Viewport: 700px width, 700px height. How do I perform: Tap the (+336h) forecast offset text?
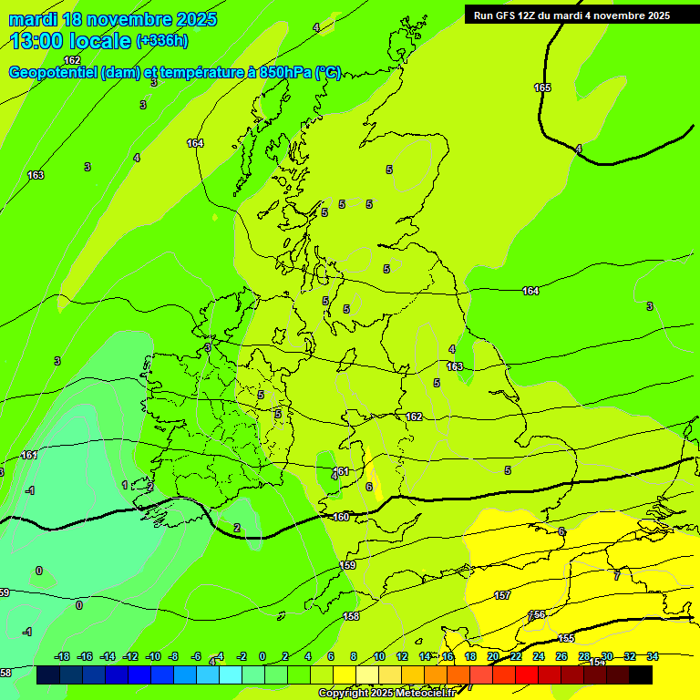pos(162,41)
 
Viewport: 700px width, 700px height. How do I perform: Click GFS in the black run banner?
pos(509,15)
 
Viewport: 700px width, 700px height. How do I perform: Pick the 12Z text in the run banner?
pos(531,15)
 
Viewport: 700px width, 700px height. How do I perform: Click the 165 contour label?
pos(542,87)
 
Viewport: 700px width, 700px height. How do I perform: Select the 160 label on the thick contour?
pos(340,517)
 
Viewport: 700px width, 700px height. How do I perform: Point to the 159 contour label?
pos(348,566)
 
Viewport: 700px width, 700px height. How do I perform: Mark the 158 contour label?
pos(351,617)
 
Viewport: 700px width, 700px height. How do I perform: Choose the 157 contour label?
pos(502,595)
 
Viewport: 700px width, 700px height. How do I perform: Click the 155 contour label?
pos(566,638)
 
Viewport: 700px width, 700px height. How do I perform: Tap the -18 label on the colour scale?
pos(62,656)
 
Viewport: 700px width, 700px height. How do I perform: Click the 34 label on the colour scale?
pos(652,656)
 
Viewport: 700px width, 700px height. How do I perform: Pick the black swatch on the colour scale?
pos(641,674)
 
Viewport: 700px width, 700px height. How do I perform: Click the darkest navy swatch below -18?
pos(48,674)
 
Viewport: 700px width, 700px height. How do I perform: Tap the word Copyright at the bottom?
pos(343,694)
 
